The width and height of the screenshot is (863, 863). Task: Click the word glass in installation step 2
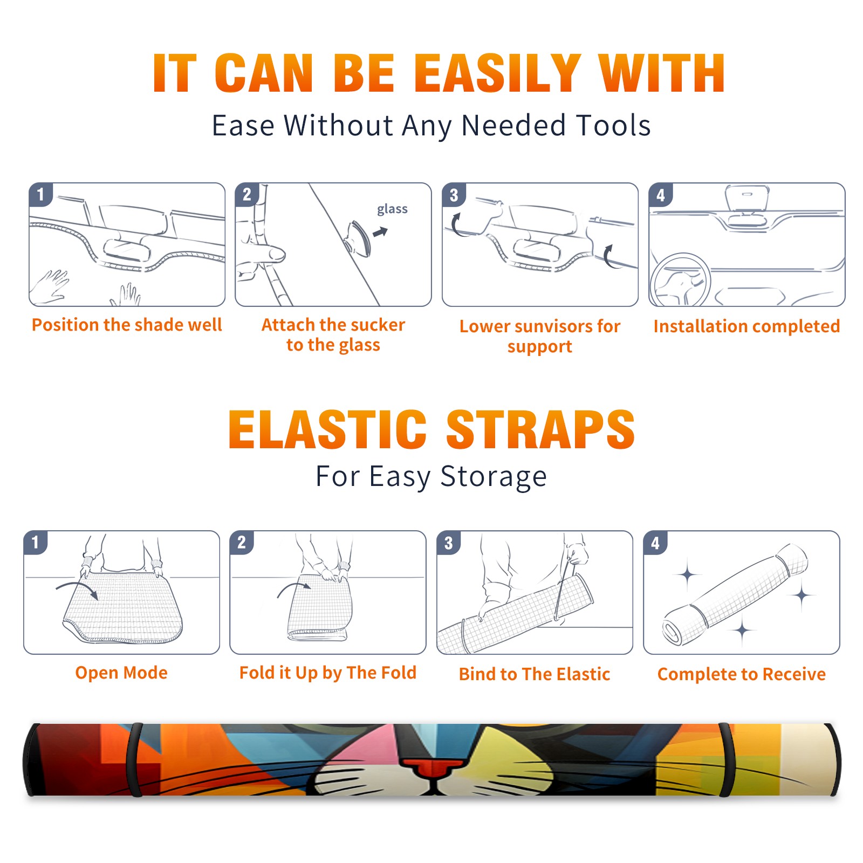392,209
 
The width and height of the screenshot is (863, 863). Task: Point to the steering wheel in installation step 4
680,279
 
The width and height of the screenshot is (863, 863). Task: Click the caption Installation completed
746,326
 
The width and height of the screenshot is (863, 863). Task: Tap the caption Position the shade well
127,325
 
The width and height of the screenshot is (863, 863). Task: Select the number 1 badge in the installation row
41,194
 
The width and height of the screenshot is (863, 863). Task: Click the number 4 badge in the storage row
655,543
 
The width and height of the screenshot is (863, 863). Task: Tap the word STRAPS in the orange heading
540,429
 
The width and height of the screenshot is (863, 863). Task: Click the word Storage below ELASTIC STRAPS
494,477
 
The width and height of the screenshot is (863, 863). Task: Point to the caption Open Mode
121,673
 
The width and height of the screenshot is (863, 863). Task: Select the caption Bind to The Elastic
535,674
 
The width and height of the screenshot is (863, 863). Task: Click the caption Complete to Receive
742,674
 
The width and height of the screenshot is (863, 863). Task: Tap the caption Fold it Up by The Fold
328,673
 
